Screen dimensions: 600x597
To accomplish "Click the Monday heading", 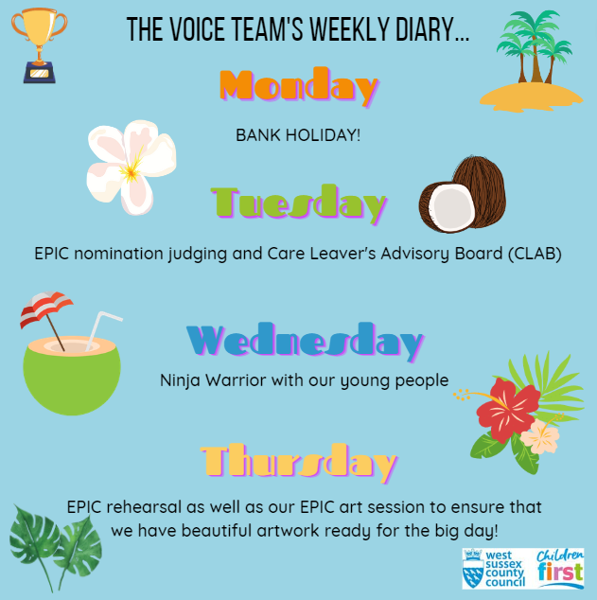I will [x=298, y=87].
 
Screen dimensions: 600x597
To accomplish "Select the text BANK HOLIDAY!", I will [x=298, y=135].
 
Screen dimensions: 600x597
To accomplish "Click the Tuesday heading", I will [x=299, y=202].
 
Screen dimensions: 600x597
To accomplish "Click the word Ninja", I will [x=182, y=380].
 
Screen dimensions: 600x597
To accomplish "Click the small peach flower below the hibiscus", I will [x=540, y=436].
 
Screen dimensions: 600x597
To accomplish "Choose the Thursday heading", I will [x=298, y=462].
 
